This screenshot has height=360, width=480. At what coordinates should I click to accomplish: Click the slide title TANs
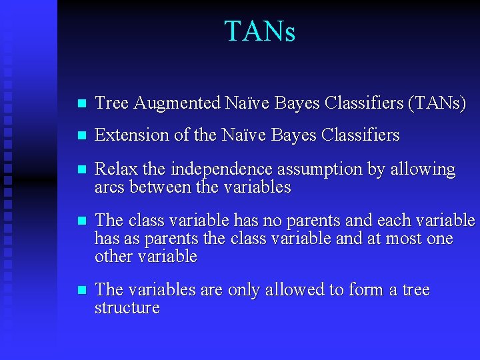point(259,31)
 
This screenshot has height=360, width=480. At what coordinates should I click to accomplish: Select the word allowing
point(425,170)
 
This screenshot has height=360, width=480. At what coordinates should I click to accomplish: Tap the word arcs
point(109,188)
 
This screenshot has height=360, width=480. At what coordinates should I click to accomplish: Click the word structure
point(127,308)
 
